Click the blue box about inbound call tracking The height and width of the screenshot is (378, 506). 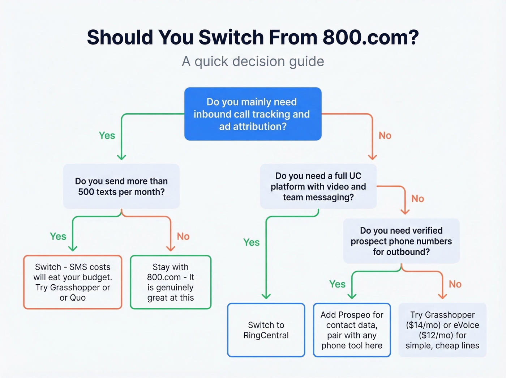(x=253, y=114)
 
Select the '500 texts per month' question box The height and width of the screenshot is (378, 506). (x=121, y=186)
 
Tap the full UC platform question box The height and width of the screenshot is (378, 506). (x=318, y=186)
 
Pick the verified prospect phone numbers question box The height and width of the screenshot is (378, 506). (x=401, y=241)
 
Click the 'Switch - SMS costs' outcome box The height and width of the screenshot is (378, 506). (x=73, y=282)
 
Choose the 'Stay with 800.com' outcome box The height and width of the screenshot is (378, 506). (x=171, y=282)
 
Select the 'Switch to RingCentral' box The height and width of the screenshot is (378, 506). (x=266, y=330)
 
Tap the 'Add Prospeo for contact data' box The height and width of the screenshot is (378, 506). (x=352, y=330)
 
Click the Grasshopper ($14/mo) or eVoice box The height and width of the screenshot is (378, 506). (x=442, y=330)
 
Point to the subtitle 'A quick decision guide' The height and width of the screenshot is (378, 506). (x=253, y=61)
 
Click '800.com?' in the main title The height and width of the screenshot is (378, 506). (x=370, y=37)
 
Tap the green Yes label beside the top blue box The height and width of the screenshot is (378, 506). (x=107, y=136)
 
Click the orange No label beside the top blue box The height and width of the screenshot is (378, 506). (x=385, y=136)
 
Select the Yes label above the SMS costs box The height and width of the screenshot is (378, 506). (x=58, y=237)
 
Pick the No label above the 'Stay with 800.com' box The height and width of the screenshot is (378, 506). (x=183, y=237)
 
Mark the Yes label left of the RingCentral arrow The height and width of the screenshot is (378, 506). (x=251, y=242)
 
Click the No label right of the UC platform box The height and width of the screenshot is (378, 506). (x=417, y=199)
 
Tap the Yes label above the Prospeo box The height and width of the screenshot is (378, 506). (x=337, y=284)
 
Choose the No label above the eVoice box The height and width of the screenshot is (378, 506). (x=455, y=284)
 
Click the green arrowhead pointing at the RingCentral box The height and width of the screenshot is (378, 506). (x=266, y=296)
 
